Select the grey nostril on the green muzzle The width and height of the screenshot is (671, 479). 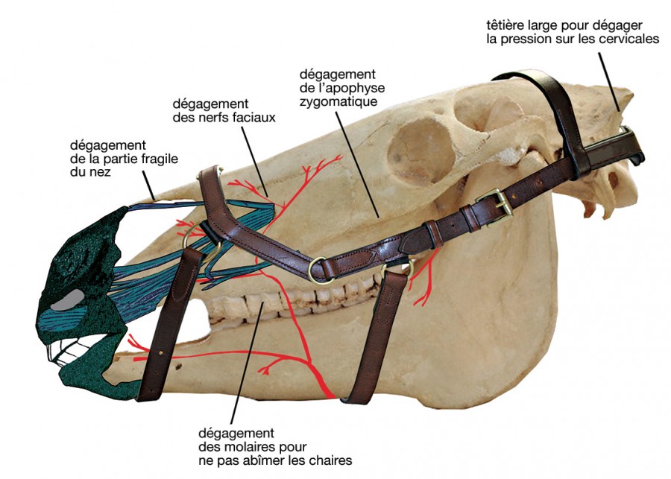point(68,299)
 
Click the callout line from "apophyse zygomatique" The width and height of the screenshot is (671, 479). point(357,164)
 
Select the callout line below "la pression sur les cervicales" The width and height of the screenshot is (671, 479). point(609,82)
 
